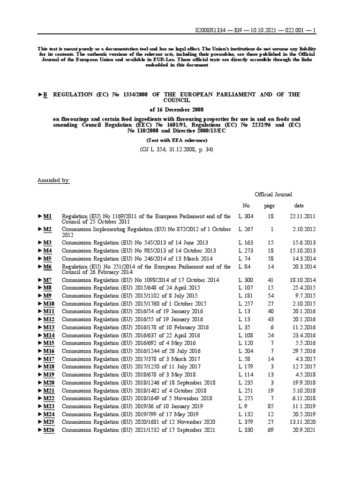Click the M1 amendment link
coord(47,216)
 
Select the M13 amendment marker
coord(49,327)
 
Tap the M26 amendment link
coord(49,430)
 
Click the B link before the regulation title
coord(45,95)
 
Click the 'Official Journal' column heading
coord(273,194)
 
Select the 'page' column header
coord(269,205)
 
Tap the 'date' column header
coord(299,205)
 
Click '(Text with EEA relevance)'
coord(177,140)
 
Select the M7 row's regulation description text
coord(141,279)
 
